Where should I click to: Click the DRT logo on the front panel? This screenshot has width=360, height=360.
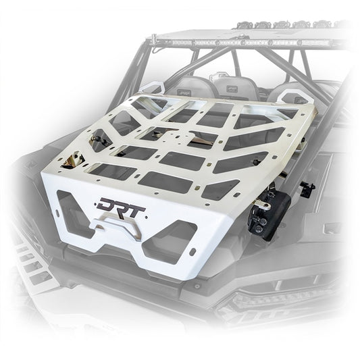point(122,203)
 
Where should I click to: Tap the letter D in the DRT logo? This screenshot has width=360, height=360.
point(107,203)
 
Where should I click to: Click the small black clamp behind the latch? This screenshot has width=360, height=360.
point(307,190)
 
